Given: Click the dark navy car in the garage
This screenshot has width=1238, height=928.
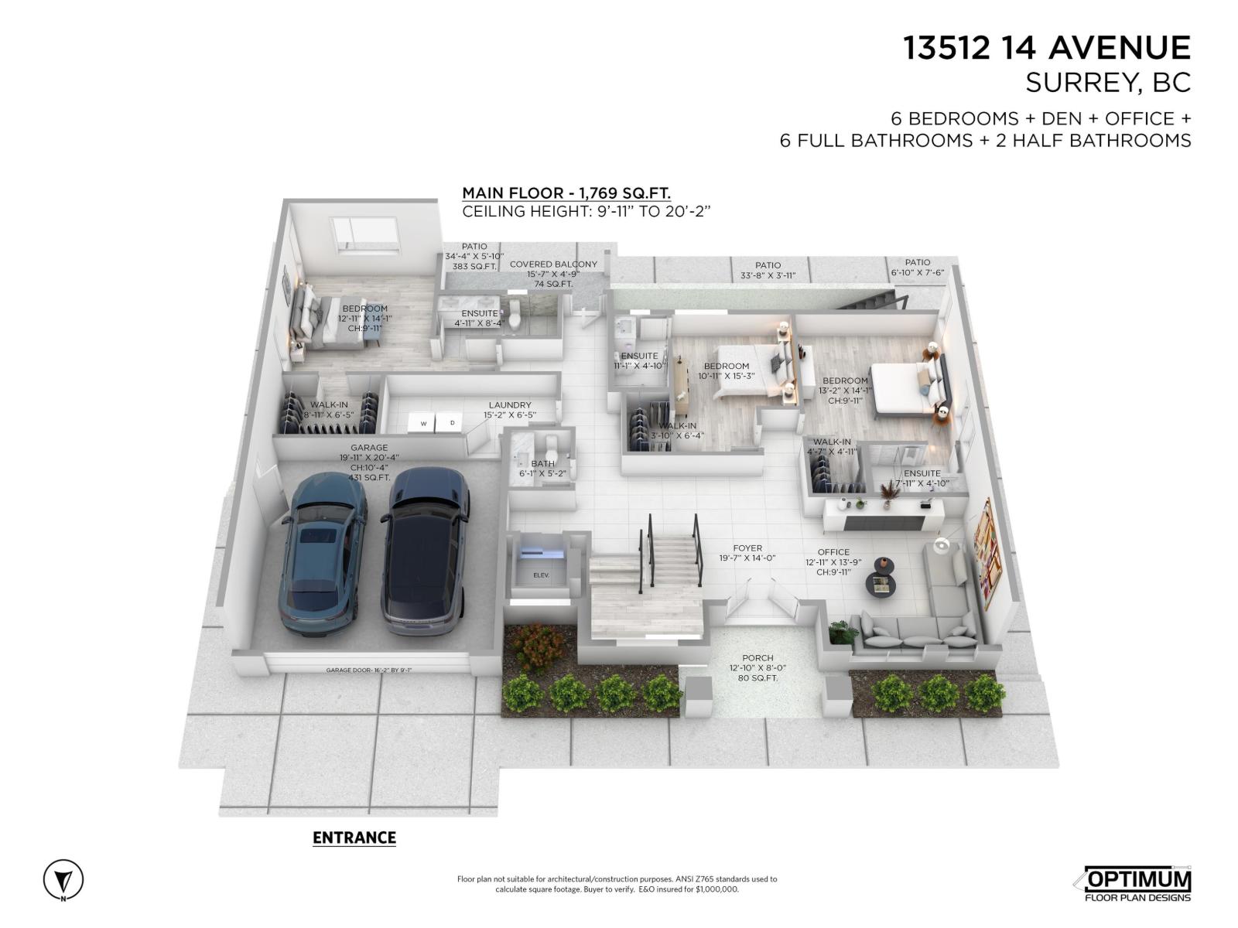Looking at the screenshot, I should pyautogui.click(x=424, y=549).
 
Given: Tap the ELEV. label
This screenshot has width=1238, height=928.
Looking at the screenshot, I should pyautogui.click(x=541, y=575).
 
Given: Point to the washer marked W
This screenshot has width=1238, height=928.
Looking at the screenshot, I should pyautogui.click(x=423, y=423).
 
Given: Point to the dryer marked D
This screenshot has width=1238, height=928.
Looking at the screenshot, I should pyautogui.click(x=452, y=423).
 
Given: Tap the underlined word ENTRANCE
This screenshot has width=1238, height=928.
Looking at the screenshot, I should pyautogui.click(x=354, y=838).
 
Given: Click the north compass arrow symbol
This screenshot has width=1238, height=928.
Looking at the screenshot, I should pyautogui.click(x=63, y=880).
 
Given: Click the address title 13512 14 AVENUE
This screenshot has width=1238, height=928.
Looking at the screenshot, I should pyautogui.click(x=1047, y=48).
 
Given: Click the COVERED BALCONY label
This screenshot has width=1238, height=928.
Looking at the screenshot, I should pyautogui.click(x=553, y=264).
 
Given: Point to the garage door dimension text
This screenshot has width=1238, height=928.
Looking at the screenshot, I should pyautogui.click(x=368, y=670).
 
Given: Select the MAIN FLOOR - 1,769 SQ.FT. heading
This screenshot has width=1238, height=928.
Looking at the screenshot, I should pyautogui.click(x=566, y=193).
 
